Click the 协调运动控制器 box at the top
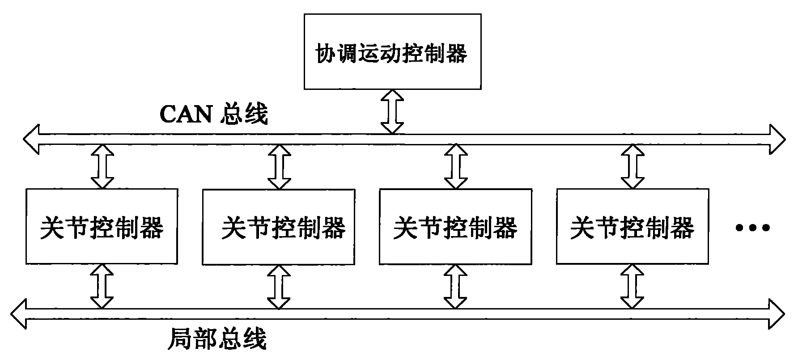(392, 51)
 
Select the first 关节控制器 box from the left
(102, 226)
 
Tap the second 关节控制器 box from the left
(278, 227)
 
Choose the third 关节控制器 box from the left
(455, 227)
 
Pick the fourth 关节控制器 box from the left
(632, 227)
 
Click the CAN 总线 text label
(214, 115)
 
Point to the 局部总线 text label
(217, 339)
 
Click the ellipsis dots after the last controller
(752, 228)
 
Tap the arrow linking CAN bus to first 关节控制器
(102, 166)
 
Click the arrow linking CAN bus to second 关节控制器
(279, 166)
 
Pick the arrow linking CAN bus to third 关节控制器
(456, 166)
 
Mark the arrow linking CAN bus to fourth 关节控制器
(632, 166)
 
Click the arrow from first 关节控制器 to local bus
(102, 286)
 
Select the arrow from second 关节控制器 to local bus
(279, 287)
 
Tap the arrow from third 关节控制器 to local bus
(455, 287)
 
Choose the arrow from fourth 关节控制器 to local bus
(632, 287)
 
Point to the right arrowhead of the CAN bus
(777, 139)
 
